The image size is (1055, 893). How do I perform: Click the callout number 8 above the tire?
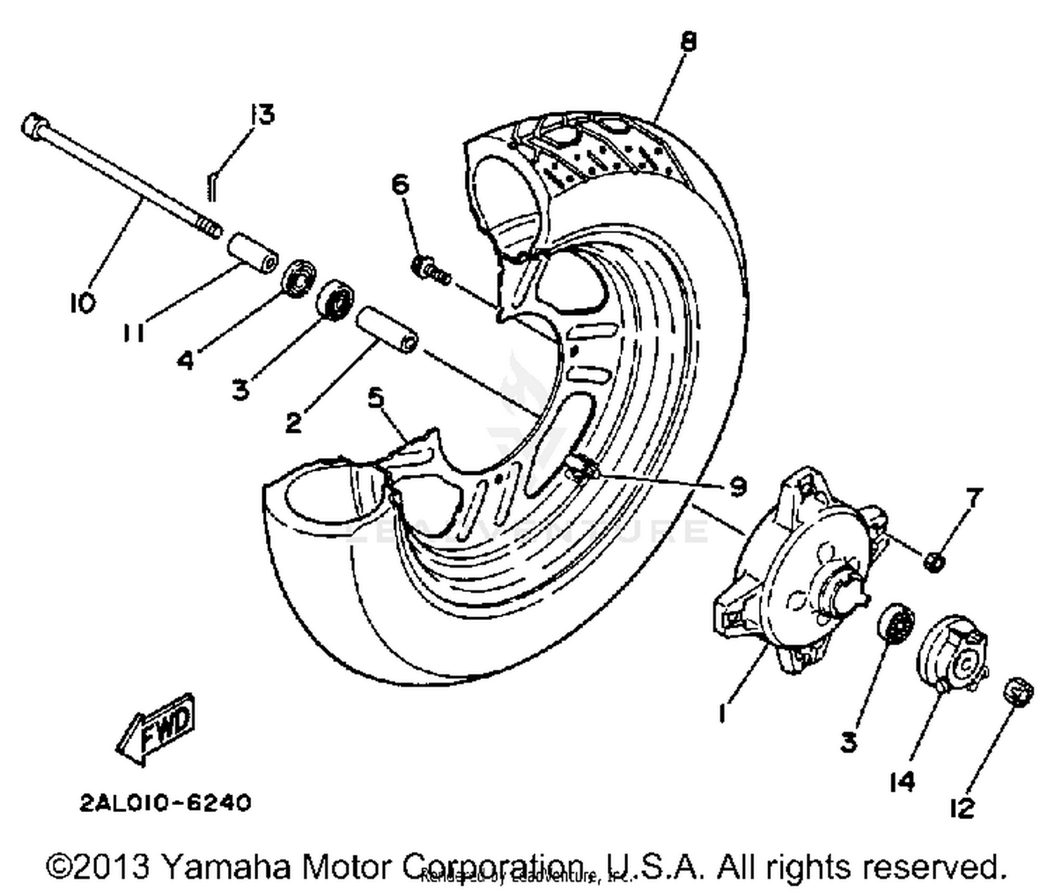(688, 42)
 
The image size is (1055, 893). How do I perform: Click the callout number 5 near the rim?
(377, 398)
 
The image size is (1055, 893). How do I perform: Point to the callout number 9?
(736, 486)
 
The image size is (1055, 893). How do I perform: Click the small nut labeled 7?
(934, 561)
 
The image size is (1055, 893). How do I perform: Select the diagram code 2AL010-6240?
(165, 803)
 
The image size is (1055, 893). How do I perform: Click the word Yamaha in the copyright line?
(225, 867)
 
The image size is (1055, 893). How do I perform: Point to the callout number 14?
(902, 780)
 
